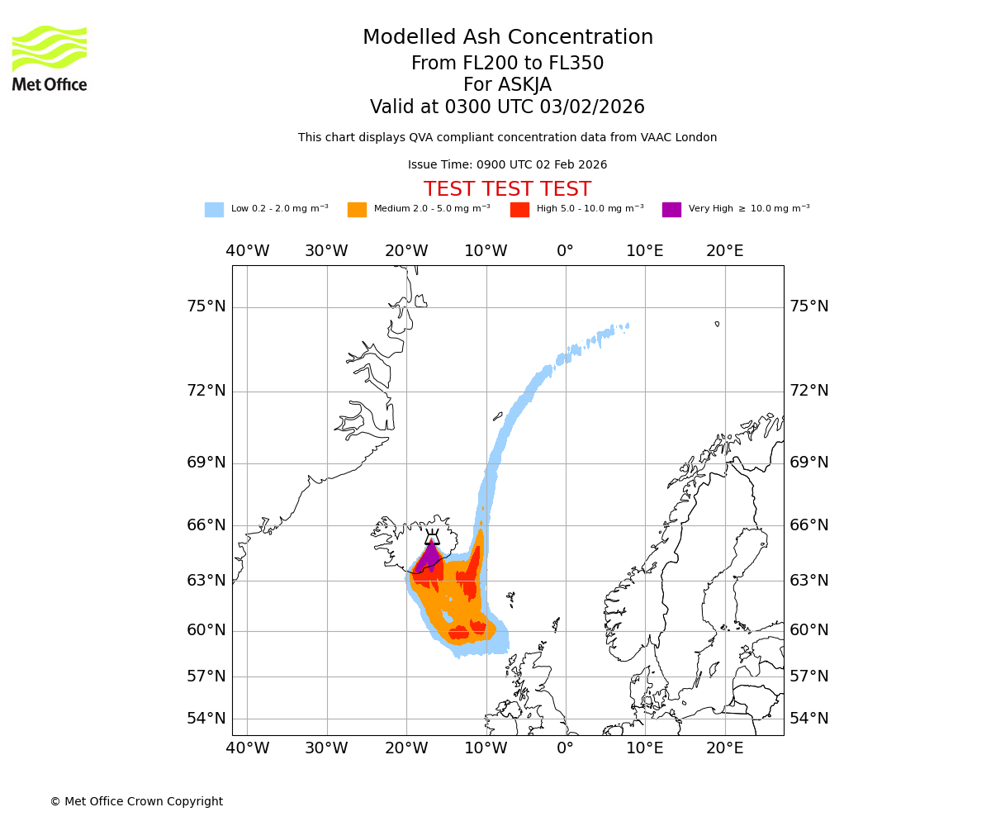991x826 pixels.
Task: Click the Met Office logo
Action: [50, 58]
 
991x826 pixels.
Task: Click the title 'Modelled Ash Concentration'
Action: [508, 38]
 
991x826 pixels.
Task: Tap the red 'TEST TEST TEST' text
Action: [507, 190]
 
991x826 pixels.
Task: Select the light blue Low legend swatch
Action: [214, 210]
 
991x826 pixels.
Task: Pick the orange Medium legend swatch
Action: [357, 210]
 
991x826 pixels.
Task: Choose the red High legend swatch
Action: [519, 210]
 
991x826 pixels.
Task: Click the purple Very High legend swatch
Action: [671, 210]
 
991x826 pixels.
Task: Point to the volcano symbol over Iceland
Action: [432, 537]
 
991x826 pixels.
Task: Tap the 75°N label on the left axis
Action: [206, 306]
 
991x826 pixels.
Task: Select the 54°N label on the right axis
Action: [809, 719]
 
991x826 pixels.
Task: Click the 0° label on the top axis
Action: [565, 251]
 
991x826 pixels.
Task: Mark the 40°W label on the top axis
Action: [248, 251]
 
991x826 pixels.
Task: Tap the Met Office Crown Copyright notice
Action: [136, 802]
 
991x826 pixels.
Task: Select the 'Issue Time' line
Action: [507, 165]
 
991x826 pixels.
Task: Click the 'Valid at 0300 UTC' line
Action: [507, 107]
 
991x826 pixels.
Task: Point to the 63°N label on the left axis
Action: [206, 581]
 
